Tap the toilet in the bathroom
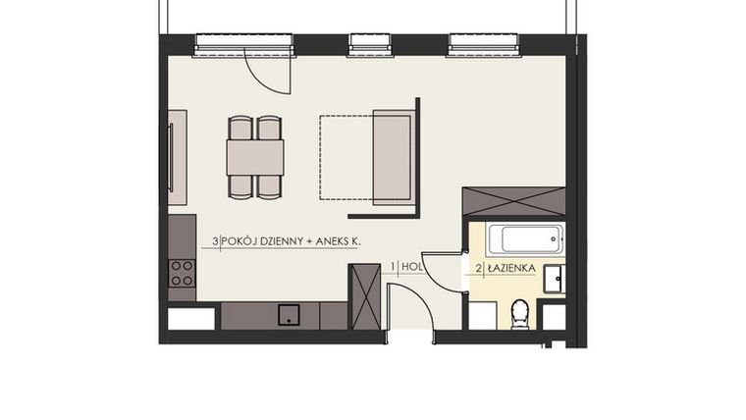coord(520,314)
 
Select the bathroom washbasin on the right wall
coord(554,278)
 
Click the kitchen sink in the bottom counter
coord(289,314)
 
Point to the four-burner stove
coord(182,273)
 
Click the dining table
coord(255,157)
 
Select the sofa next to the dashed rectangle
coord(394,157)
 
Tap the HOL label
coord(412,267)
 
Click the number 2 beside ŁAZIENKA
coord(478,267)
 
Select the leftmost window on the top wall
coord(243,42)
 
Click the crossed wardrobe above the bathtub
coord(513,201)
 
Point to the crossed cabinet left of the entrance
coord(364,296)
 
